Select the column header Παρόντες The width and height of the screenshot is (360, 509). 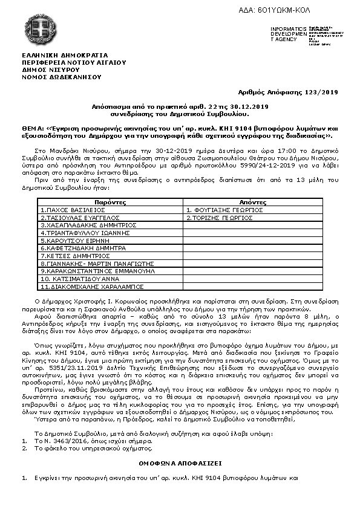(x=110, y=202)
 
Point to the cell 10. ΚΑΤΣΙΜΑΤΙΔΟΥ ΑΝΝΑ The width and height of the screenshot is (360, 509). (x=80, y=279)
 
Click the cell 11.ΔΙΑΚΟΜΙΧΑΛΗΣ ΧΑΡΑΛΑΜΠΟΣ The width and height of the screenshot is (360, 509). (x=92, y=287)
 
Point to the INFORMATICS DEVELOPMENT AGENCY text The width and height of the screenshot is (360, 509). (x=284, y=34)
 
